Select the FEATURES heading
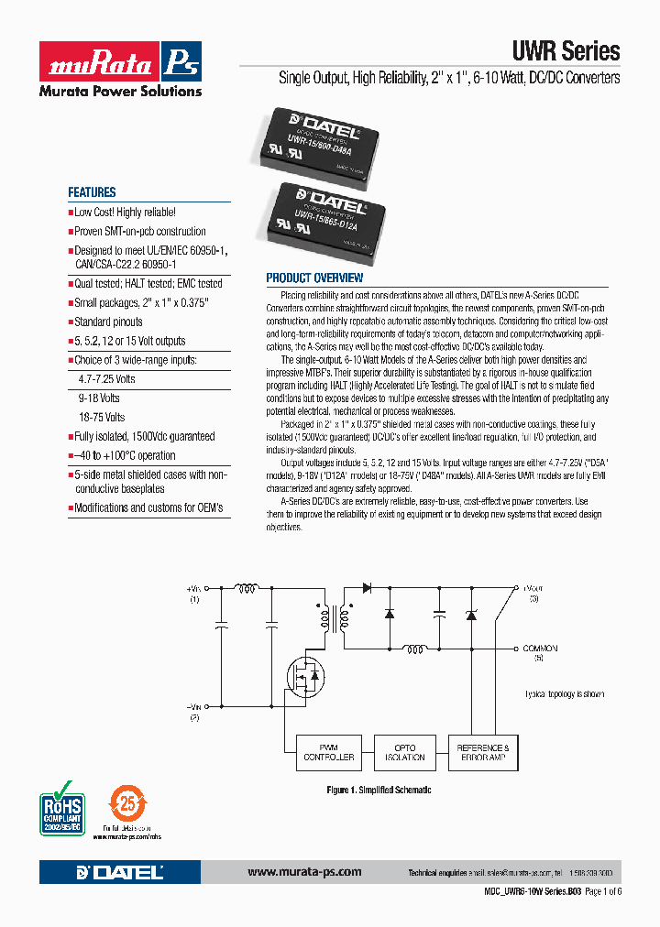pos(92,192)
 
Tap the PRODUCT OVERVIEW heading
pos(314,278)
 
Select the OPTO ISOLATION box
pos(405,753)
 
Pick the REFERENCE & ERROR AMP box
pos(483,753)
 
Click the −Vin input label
pos(193,706)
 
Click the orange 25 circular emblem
pos(126,805)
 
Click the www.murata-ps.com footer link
pos(304,872)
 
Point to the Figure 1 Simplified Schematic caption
pos(379,790)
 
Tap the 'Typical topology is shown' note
pos(565,694)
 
